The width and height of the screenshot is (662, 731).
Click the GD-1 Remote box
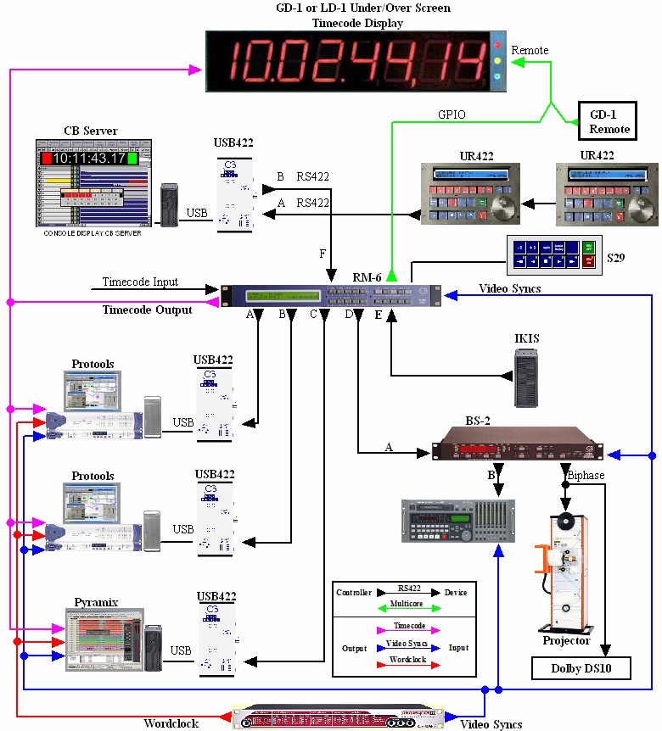(609, 120)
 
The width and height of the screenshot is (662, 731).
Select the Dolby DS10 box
(582, 668)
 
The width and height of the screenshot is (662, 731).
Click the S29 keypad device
(553, 254)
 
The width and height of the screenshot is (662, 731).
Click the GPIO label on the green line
(452, 114)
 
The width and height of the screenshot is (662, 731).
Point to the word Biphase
(586, 476)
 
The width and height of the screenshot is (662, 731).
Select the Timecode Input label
(141, 282)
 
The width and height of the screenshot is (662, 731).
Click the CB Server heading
(91, 131)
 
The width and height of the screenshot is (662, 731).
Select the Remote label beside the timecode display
(529, 50)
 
